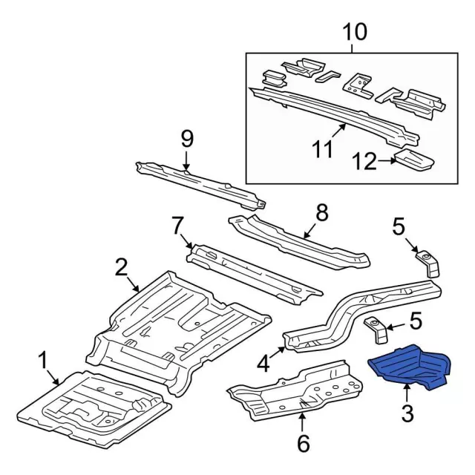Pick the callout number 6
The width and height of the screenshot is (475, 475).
click(x=302, y=444)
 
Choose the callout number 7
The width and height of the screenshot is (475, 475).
click(x=177, y=224)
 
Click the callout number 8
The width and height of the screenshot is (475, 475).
click(x=321, y=214)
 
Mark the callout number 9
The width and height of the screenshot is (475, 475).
click(x=186, y=138)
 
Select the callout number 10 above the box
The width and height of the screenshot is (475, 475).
click(x=356, y=33)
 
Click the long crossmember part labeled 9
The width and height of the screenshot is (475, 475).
click(x=200, y=183)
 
